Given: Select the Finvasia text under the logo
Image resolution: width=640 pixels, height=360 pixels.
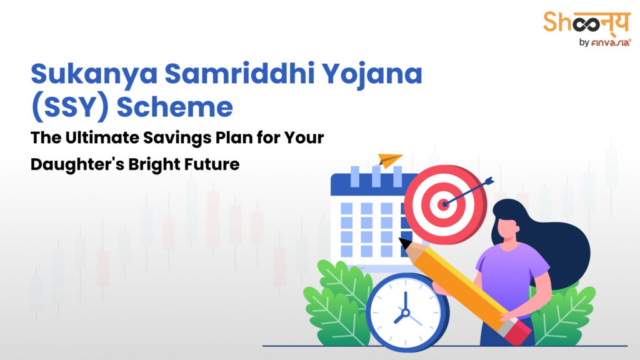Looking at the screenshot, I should (x=606, y=43).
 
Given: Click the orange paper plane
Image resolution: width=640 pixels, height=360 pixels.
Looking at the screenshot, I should (x=390, y=161).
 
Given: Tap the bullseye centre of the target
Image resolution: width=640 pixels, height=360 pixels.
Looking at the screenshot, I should (x=444, y=203).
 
